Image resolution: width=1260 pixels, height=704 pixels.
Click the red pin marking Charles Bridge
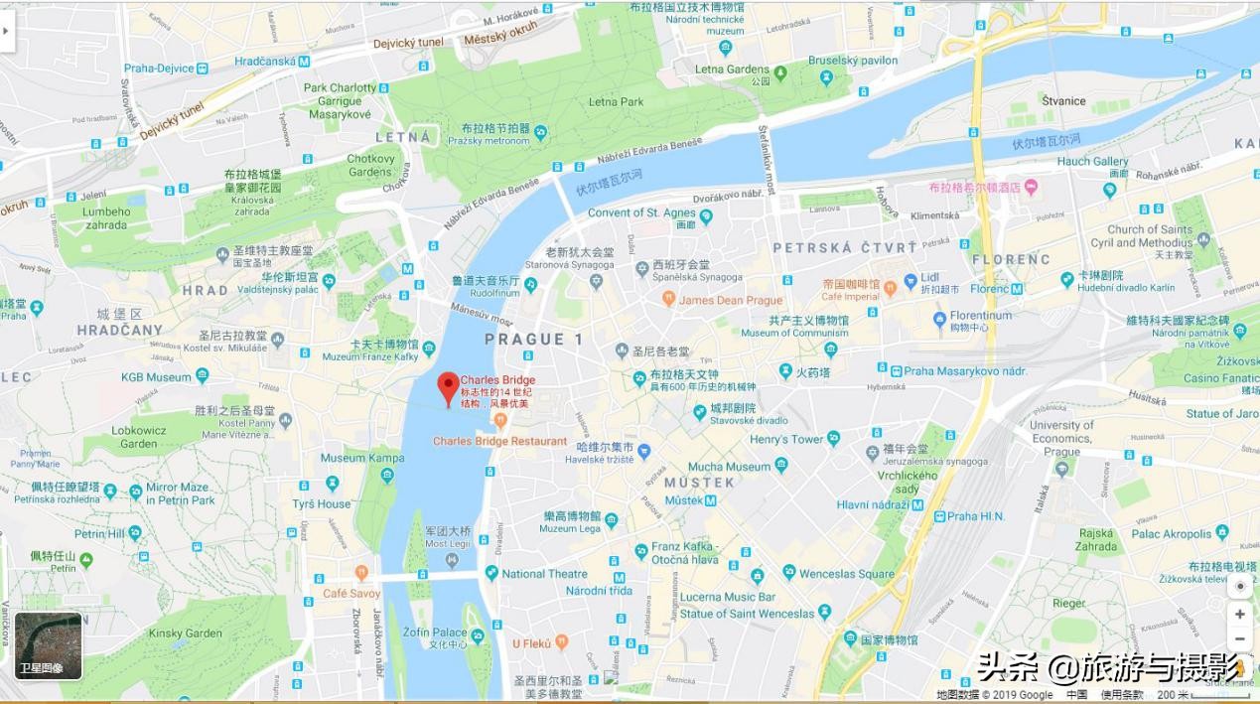tap(448, 386)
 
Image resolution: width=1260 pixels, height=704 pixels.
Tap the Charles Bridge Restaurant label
tap(499, 441)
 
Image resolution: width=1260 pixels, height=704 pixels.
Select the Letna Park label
tap(616, 101)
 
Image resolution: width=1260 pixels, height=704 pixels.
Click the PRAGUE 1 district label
tap(533, 340)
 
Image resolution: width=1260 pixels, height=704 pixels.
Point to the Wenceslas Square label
tap(846, 574)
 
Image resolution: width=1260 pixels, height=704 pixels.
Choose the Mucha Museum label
tap(729, 467)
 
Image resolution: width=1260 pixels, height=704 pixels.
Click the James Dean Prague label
tap(731, 300)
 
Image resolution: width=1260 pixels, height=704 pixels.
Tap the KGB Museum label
tap(156, 377)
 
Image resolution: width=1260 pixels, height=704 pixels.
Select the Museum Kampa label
tap(361, 458)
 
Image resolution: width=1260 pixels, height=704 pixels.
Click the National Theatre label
tap(544, 574)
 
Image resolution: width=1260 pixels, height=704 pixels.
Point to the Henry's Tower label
tap(786, 439)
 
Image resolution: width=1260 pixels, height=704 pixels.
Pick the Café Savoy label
tap(351, 594)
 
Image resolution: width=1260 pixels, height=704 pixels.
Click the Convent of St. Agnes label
tap(641, 212)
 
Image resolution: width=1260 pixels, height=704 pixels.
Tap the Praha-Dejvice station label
tap(158, 69)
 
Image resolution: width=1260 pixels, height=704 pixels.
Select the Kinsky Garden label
tap(185, 634)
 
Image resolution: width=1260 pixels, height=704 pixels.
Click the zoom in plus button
tap(1239, 614)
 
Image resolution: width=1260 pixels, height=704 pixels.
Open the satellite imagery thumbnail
tap(48, 645)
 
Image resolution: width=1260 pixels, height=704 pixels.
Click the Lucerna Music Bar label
tap(728, 597)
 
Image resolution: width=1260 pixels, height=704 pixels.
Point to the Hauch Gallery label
tap(1092, 161)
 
